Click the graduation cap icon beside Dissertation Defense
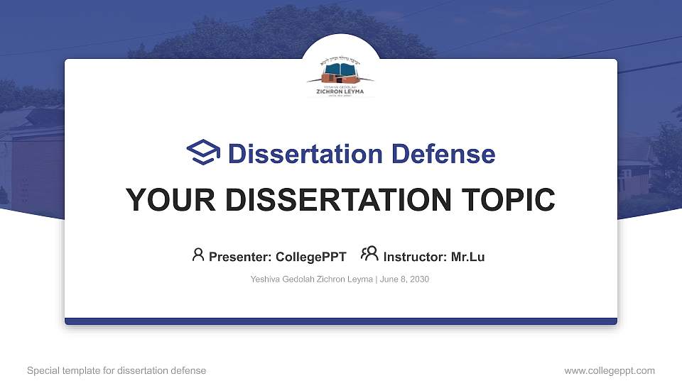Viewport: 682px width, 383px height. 203,152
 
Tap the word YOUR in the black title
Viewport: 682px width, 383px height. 161,200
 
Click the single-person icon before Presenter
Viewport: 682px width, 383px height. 198,255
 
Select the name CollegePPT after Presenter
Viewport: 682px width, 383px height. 311,257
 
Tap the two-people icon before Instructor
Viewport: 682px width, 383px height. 369,254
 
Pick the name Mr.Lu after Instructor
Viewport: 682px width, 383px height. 467,257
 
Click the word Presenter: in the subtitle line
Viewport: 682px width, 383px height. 239,257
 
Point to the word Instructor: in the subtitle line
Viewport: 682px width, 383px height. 415,257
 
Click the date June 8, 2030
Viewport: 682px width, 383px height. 404,279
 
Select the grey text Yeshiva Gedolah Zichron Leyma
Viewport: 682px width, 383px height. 311,279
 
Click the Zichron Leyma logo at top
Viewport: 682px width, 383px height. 341,78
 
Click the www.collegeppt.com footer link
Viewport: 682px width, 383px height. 609,370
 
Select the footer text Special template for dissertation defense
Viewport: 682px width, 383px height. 117,370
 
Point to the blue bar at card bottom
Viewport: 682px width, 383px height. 341,321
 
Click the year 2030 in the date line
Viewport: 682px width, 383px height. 418,279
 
